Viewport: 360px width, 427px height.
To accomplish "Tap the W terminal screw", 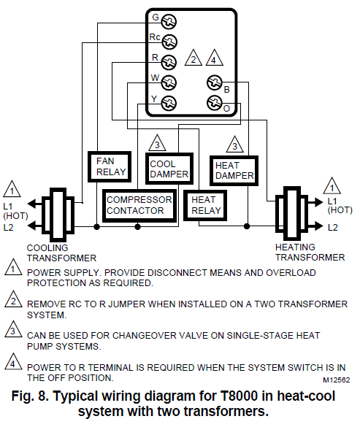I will coord(169,82).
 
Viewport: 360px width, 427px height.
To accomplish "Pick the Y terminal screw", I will coord(169,102).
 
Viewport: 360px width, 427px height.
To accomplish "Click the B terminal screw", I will coord(215,82).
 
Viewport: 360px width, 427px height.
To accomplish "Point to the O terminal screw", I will coord(215,102).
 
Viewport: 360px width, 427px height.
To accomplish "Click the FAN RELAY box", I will coord(110,166).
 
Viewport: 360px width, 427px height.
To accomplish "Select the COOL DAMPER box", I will coord(168,169).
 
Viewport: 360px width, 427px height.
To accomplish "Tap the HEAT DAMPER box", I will coord(234,170).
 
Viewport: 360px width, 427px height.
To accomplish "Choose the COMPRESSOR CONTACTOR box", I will coord(139,205).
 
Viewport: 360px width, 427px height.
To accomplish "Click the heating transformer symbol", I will coord(292,212).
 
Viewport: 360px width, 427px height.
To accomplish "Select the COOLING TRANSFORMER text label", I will coord(61,253).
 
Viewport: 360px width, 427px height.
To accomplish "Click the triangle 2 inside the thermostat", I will coord(193,59).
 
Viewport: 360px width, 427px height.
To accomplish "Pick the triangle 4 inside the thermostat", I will coord(214,59).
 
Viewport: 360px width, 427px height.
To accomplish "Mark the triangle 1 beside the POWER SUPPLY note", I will coord(13,271).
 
